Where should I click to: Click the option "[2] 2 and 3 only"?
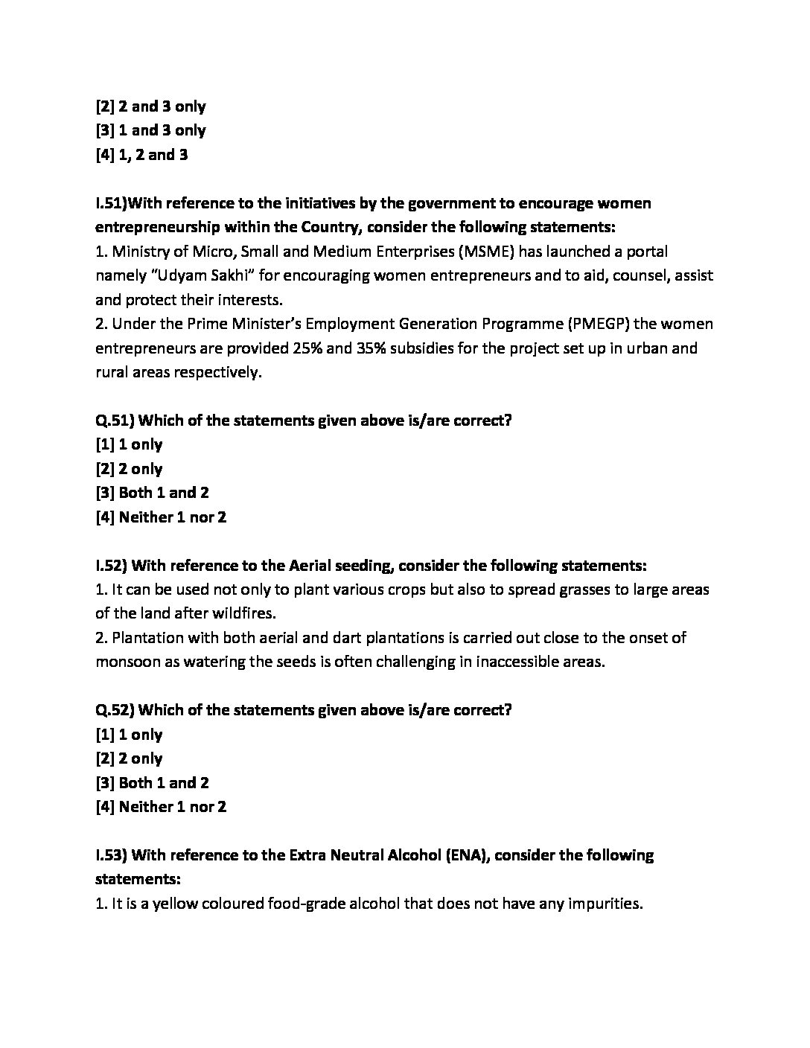click(150, 106)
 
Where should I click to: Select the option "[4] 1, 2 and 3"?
click(141, 155)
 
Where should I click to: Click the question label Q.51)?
click(115, 421)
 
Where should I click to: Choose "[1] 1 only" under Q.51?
click(129, 444)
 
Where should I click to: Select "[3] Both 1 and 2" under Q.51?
click(152, 493)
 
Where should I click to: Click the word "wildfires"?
click(245, 613)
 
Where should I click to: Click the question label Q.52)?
click(115, 710)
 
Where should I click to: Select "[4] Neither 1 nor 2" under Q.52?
click(161, 807)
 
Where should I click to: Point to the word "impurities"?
click(604, 904)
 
